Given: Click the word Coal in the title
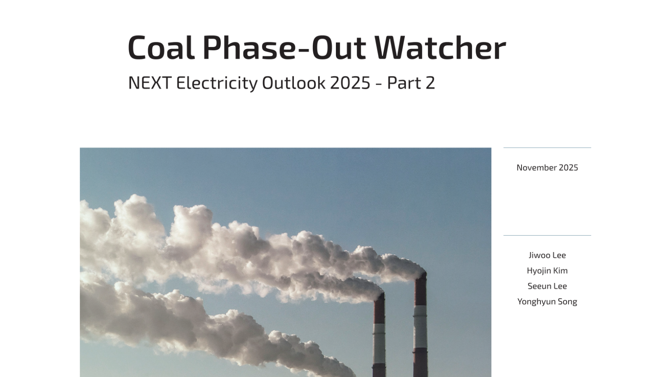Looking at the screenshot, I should [x=161, y=48].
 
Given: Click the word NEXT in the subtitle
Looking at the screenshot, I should [x=149, y=83].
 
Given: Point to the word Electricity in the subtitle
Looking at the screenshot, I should [x=217, y=83].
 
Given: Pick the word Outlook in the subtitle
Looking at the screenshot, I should [x=294, y=83].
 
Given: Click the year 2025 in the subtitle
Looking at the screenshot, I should [x=350, y=83].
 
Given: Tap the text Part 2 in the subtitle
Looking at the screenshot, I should [x=411, y=83].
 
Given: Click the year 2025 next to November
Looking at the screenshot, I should [x=569, y=168].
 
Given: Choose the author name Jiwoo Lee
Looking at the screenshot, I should [x=547, y=255].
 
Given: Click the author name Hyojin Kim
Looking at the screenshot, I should [x=547, y=271].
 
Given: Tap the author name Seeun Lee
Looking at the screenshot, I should [x=547, y=286].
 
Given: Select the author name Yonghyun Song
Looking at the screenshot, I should [x=547, y=302].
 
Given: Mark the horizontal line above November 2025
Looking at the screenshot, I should [x=547, y=148].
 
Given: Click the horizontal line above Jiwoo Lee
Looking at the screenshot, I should [x=547, y=235].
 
